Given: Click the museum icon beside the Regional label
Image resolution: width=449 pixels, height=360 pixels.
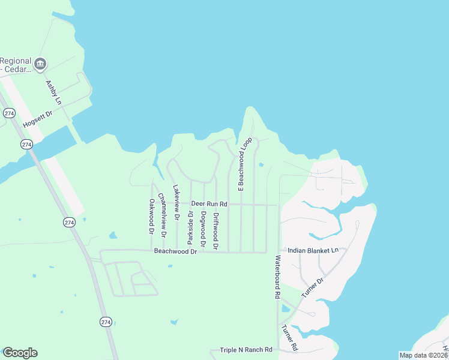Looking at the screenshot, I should (x=40, y=64).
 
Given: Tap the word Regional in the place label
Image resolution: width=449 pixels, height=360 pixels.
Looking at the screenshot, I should (x=16, y=61).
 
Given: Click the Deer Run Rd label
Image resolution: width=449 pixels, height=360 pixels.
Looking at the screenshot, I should (x=209, y=205).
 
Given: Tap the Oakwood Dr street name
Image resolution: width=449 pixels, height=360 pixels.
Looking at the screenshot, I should (x=151, y=216).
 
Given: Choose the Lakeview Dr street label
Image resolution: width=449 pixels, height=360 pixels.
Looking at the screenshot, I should (x=176, y=203).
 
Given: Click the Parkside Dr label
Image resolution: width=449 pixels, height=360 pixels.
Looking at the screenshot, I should (x=190, y=227).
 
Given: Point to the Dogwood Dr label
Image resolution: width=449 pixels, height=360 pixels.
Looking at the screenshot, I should (x=203, y=229).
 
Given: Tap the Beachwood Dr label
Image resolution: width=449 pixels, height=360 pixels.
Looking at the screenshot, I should (x=175, y=251).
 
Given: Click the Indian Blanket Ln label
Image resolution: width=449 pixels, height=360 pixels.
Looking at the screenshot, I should (x=313, y=250).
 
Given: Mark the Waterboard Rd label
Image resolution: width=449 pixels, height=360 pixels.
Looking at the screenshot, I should (x=278, y=277).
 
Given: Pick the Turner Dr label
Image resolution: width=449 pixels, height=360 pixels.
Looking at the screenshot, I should (x=312, y=289).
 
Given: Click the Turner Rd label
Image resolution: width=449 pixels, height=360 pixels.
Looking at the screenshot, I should (x=289, y=338).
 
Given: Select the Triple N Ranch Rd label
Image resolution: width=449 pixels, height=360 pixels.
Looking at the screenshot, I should (x=246, y=350).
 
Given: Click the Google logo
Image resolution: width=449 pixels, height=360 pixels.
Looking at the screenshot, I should (x=20, y=353).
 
